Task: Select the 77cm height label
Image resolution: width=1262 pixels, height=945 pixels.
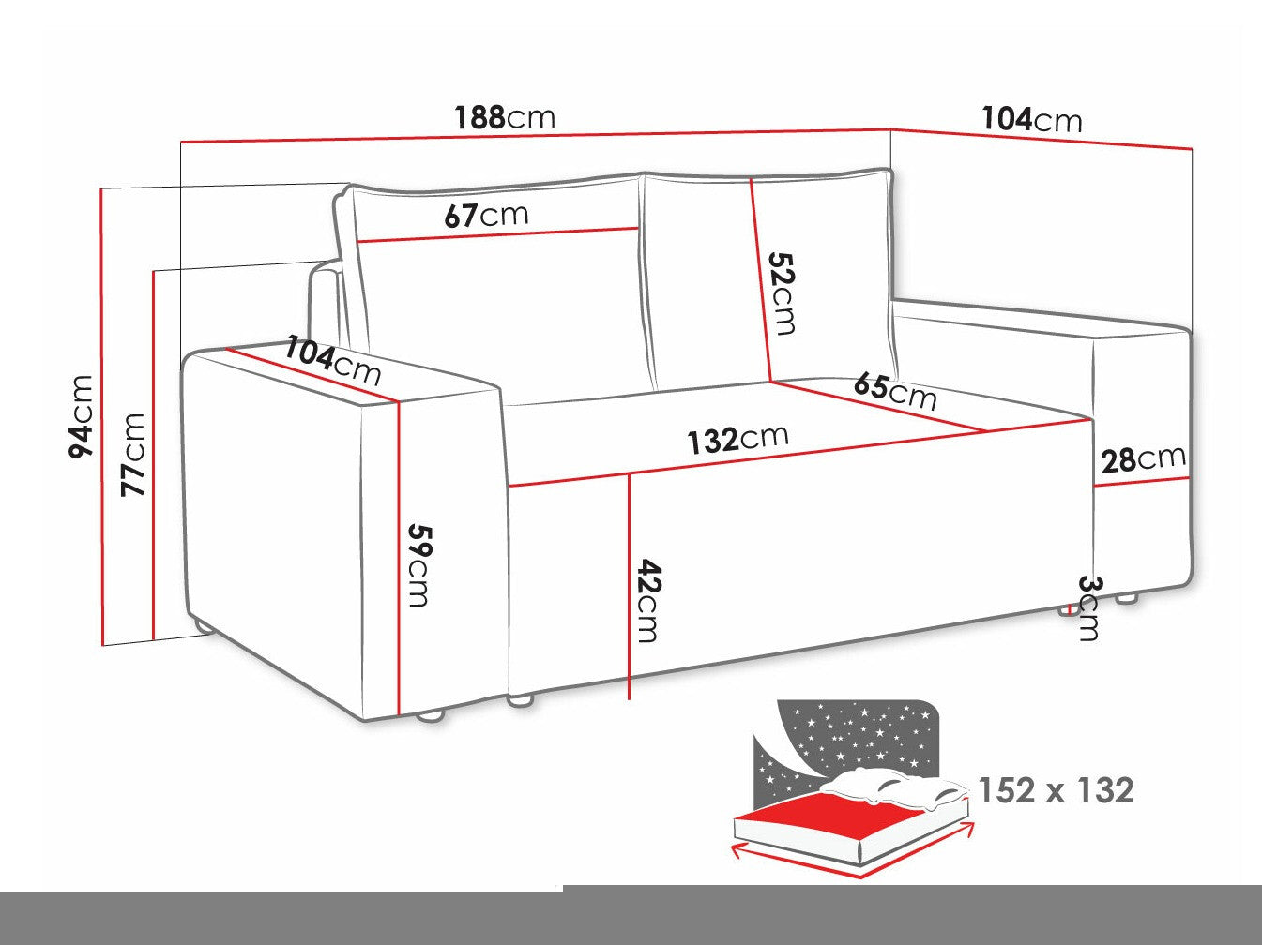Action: (x=132, y=455)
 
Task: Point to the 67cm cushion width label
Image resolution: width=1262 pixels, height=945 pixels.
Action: (x=486, y=215)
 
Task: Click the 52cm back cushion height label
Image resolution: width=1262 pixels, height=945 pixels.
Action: (x=783, y=293)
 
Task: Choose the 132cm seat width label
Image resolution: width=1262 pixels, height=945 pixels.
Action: (x=738, y=439)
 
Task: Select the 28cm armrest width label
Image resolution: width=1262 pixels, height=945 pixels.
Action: (x=1144, y=459)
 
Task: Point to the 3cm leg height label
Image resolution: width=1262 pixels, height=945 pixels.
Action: (x=1087, y=607)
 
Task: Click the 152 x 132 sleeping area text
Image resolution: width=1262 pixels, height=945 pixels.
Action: (x=1057, y=790)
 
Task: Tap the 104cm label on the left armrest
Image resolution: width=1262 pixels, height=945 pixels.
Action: (x=333, y=361)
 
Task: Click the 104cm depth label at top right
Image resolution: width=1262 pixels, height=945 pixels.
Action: (x=1031, y=119)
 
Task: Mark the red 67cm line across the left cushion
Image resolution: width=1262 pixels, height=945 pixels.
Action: (x=498, y=235)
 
